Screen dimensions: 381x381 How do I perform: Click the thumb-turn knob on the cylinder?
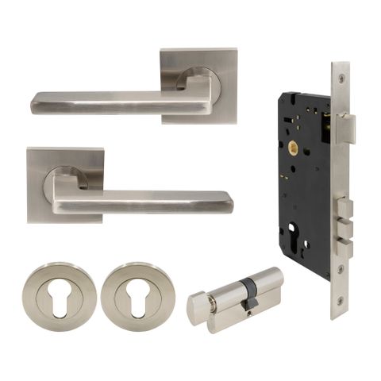point(200,307)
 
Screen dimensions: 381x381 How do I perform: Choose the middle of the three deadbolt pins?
point(347,226)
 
